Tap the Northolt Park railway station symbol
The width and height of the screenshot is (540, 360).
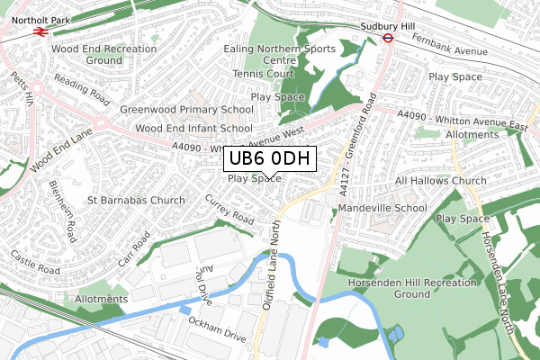pos(39,29)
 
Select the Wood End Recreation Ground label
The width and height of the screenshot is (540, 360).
pos(86,54)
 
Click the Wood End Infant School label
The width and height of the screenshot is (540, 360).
pos(193,129)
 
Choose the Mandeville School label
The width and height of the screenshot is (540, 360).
pos(382,208)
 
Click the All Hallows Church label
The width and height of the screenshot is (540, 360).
pos(441,181)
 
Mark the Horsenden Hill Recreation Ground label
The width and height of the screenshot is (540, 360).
pos(413,288)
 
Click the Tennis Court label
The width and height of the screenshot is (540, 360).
pos(263,74)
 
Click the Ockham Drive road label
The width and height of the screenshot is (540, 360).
pos(216,328)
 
